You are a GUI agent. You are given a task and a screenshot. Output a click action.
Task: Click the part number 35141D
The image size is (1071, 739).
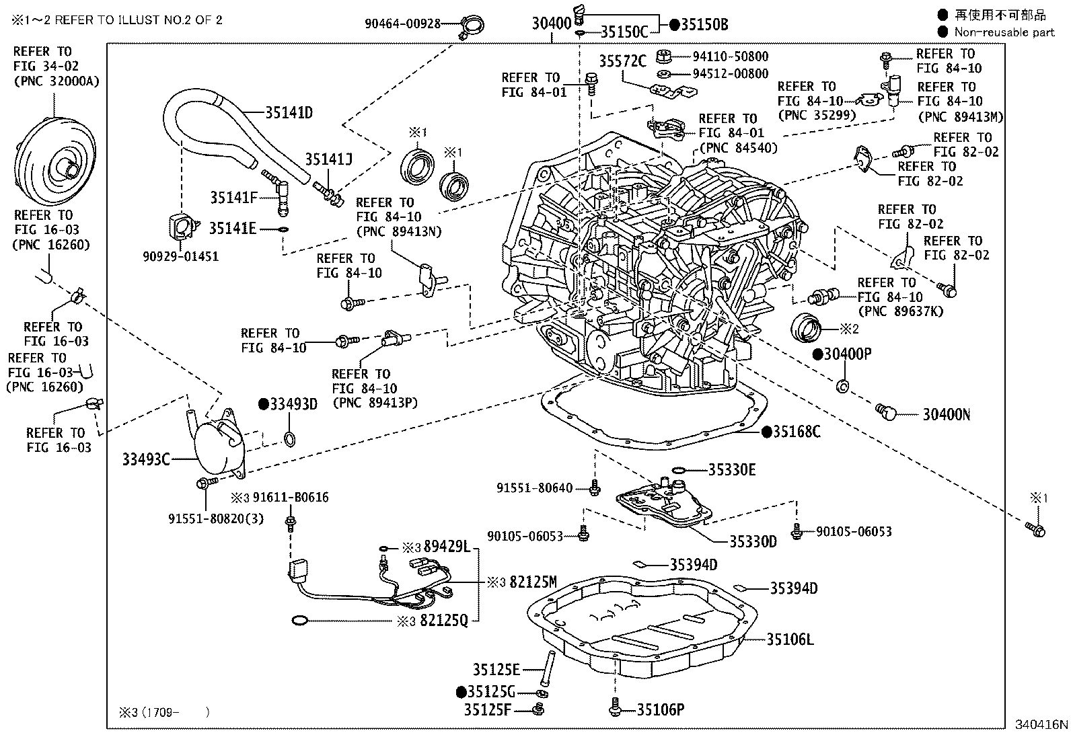289,112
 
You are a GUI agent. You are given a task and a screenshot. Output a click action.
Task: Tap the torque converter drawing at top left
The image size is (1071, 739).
54,159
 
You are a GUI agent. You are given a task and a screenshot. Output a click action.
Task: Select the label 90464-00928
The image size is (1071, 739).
402,24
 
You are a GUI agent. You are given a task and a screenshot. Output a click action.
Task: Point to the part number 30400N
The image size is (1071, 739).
945,415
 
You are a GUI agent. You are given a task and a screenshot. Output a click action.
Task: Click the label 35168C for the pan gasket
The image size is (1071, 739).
796,432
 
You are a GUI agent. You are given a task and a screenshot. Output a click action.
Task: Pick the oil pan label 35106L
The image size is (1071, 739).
790,639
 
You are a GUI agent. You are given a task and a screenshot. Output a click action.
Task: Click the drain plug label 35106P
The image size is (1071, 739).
661,709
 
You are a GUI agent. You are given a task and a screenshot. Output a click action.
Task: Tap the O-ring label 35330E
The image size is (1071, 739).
731,470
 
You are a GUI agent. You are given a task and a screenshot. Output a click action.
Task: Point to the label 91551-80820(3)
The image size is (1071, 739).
216,518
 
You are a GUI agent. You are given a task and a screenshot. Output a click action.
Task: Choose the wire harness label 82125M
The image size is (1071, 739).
533,582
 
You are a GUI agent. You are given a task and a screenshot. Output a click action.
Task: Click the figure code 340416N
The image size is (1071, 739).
1041,724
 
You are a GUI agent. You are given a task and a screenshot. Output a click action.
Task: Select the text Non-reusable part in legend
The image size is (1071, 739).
1004,32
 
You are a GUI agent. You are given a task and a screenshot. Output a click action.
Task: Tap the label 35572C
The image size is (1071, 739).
622,62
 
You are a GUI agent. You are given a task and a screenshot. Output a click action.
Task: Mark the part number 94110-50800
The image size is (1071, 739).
731,56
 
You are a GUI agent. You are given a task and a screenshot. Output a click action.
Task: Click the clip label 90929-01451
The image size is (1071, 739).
180,257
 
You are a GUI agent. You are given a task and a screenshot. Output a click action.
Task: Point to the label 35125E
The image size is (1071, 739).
496,669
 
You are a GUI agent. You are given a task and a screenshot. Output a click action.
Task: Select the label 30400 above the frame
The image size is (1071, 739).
551,24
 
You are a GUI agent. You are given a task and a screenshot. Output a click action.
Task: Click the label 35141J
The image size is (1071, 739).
328,159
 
